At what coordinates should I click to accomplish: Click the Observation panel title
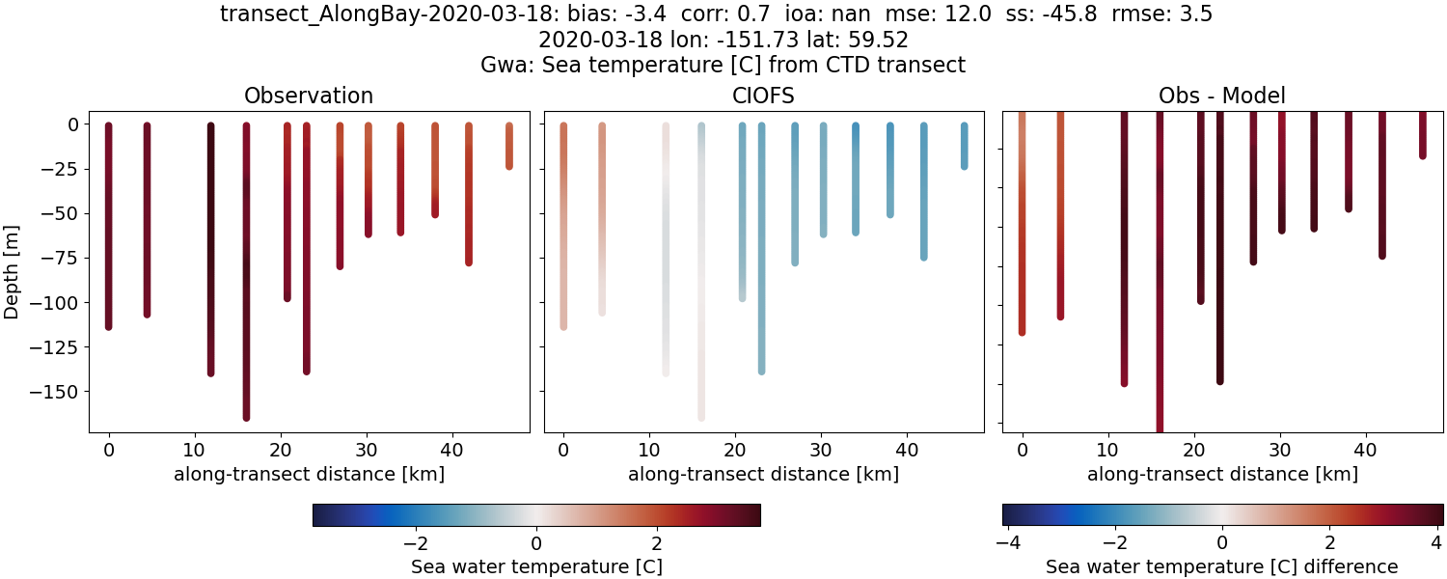click(309, 96)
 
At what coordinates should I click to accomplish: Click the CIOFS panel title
click(764, 96)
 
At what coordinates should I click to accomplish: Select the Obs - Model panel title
click(1221, 96)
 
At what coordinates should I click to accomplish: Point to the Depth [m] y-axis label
click(13, 271)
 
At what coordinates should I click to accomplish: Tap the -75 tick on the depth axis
click(61, 258)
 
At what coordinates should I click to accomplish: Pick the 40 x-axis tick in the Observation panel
click(451, 449)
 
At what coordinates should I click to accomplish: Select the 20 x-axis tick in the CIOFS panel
click(735, 449)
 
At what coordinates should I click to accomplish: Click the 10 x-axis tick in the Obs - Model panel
click(1108, 449)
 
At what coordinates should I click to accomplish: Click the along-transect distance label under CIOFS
click(764, 474)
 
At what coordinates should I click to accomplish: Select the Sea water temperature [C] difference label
click(1221, 566)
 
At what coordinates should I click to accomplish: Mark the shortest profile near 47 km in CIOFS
click(964, 147)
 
